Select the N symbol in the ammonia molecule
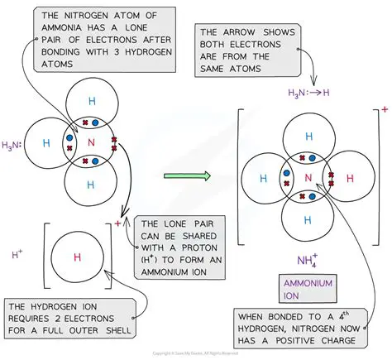(x=92, y=142)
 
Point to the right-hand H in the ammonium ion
(x=349, y=177)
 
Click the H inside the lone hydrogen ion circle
(x=77, y=257)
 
